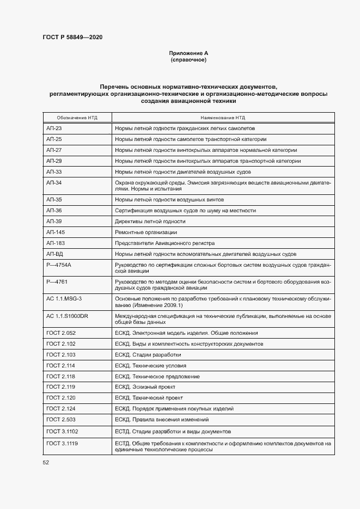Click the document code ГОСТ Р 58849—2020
click(72, 38)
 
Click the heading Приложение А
click(188, 53)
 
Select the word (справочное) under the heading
click(188, 60)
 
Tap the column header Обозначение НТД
click(77, 117)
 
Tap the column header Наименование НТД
click(223, 117)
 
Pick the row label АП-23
click(54, 128)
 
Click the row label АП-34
click(54, 182)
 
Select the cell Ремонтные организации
click(142, 232)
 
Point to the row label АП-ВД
click(56, 254)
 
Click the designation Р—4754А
click(59, 265)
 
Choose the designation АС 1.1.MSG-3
click(64, 298)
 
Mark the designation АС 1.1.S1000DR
click(68, 316)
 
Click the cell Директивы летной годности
click(150, 222)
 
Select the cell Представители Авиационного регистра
click(164, 243)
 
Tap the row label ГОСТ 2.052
click(60, 333)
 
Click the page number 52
click(46, 463)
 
